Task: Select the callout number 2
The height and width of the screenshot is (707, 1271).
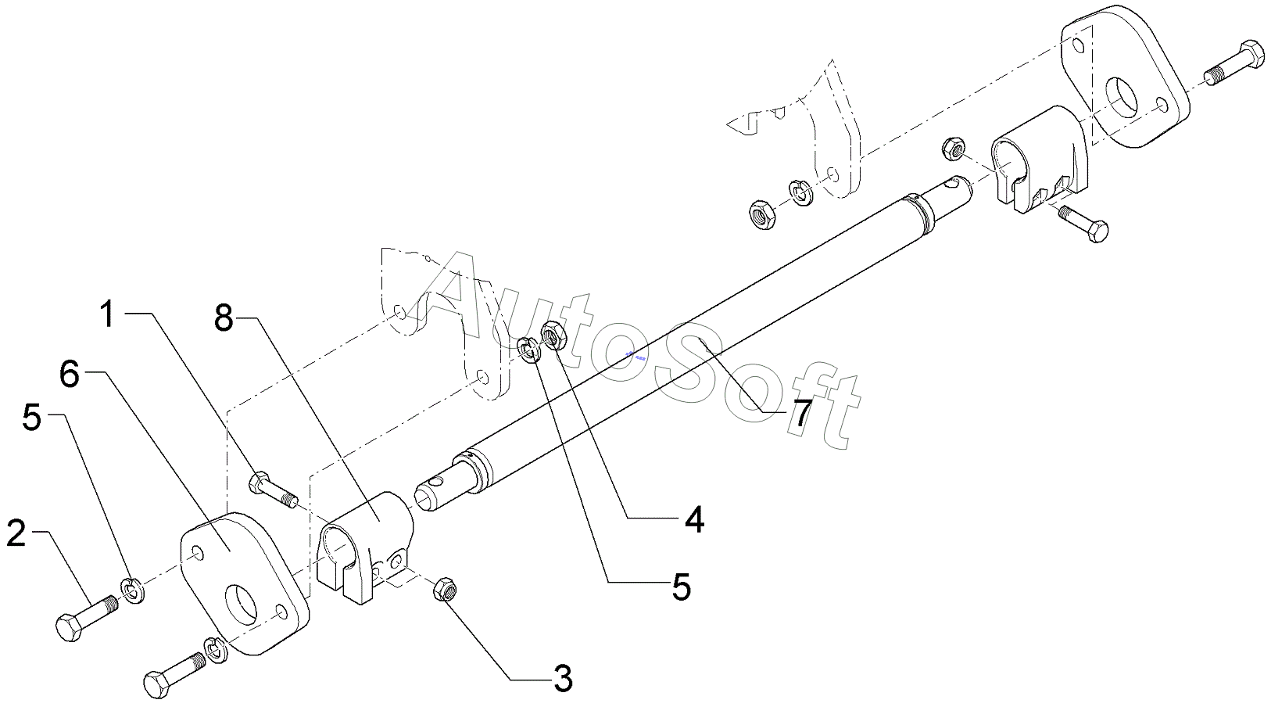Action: [x=16, y=534]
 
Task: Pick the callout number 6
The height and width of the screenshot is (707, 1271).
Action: [x=70, y=375]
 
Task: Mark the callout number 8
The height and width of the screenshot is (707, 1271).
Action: [x=224, y=318]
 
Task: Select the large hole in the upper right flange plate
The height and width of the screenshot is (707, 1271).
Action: [x=1124, y=96]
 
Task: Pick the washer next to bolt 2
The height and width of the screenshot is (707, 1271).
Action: [x=132, y=589]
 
